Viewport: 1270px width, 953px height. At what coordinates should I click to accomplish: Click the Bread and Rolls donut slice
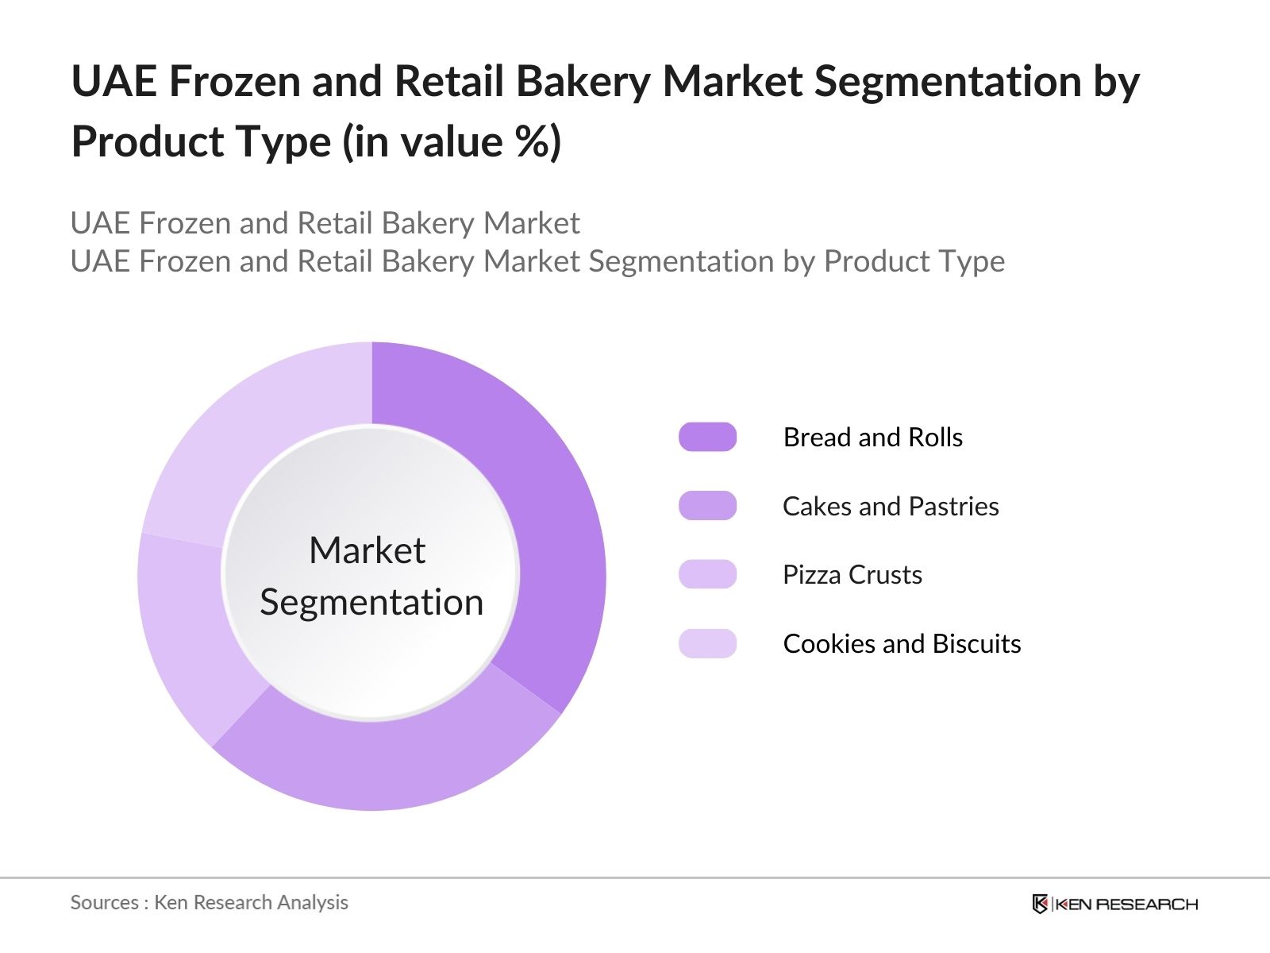pos(548,516)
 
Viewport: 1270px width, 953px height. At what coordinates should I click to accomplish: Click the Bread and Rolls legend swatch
pos(707,437)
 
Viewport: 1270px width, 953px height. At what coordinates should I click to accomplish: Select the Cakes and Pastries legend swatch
pos(707,506)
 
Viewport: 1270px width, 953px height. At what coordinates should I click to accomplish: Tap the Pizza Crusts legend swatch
pos(707,574)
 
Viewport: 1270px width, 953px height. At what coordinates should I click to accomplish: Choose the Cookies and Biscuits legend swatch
pos(707,643)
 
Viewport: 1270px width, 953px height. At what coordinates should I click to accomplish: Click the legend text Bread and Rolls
pos(872,438)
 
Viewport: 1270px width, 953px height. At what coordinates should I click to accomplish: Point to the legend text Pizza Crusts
pos(852,575)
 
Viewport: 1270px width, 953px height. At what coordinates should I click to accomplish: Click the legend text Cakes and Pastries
pos(890,507)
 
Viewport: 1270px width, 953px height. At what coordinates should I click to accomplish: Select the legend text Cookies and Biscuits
pos(901,644)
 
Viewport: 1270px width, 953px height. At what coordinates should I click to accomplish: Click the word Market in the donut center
pos(367,550)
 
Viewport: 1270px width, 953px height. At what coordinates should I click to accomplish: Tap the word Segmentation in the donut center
pos(371,602)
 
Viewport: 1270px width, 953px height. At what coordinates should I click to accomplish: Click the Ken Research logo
pos(1114,904)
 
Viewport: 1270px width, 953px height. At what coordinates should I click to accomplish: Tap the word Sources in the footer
pos(104,903)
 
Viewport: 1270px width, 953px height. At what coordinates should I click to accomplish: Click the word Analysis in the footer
pos(317,903)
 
